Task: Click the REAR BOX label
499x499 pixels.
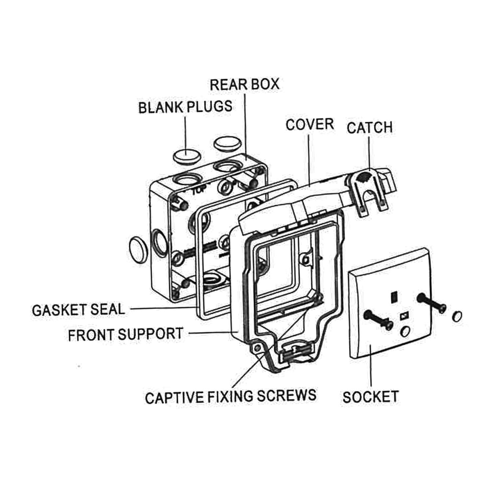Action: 244,84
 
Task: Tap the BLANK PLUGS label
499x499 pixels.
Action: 185,107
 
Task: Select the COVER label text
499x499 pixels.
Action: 309,124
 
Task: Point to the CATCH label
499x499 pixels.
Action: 370,128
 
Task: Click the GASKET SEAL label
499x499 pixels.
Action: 78,310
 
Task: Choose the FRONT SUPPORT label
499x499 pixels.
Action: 125,334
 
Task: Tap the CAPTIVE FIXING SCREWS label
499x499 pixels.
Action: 231,397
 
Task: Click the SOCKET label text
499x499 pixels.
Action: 371,397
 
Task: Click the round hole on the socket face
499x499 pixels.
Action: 405,331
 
